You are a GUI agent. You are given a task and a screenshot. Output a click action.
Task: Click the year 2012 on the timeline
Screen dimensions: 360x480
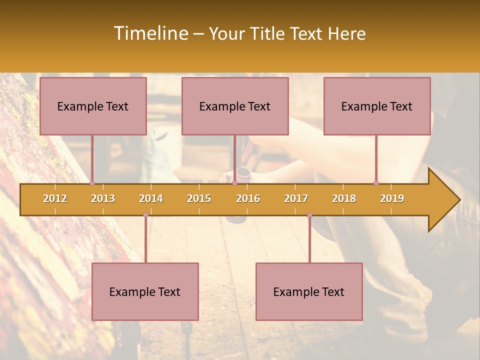point(55,199)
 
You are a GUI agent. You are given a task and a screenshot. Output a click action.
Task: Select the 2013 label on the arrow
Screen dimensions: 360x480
point(103,199)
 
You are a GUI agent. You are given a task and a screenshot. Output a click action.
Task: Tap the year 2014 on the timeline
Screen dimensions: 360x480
point(151,199)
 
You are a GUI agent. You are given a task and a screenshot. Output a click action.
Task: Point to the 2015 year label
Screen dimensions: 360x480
point(199,199)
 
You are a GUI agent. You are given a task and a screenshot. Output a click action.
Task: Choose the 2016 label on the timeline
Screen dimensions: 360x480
point(248,199)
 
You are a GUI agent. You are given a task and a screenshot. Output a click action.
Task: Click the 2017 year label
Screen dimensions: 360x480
point(296,199)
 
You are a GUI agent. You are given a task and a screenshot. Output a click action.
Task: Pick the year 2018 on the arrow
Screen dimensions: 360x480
point(344,199)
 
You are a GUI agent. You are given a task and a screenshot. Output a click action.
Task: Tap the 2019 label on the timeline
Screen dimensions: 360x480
point(392,199)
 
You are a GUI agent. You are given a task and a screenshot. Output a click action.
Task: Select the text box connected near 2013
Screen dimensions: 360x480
point(93,106)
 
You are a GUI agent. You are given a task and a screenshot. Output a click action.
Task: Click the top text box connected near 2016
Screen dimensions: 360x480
point(234,106)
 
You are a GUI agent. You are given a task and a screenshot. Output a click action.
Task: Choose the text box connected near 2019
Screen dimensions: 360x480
point(376,106)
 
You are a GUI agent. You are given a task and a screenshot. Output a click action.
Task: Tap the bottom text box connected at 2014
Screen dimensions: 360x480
point(145,291)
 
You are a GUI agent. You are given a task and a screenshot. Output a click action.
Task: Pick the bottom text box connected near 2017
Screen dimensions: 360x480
point(309,291)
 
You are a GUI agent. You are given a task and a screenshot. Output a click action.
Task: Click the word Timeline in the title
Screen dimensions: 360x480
point(150,33)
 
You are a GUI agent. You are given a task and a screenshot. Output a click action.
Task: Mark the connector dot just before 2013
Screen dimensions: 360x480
point(92,183)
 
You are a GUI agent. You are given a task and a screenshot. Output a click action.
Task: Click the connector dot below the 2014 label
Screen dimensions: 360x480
point(145,215)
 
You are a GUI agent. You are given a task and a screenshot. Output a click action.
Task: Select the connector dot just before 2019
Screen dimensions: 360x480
point(376,183)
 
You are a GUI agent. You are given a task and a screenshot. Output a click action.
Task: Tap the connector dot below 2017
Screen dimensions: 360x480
point(309,215)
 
